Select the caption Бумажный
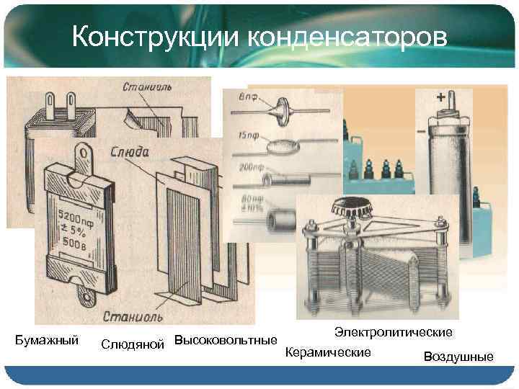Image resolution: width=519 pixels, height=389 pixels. [47, 339]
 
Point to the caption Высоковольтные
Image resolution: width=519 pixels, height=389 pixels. [226, 339]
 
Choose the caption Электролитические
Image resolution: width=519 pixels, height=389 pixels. [394, 332]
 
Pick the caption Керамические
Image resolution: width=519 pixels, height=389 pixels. [328, 352]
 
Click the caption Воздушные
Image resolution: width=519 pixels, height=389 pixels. [458, 357]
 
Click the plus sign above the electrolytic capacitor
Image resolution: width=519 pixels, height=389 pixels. [440, 96]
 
